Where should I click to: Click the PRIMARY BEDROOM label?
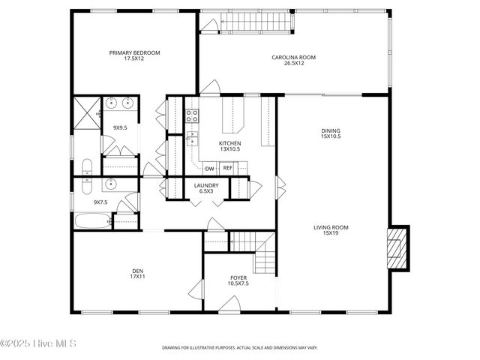pos(135,52)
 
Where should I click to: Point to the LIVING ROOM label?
pos(330,227)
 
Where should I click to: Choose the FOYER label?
pos(238,278)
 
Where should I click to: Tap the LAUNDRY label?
pos(206,185)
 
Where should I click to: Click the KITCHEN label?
pos(229,143)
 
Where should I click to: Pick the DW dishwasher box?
pos(210,168)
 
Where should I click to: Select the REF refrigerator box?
pos(227,168)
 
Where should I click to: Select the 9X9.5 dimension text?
pos(120,128)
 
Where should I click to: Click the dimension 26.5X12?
pos(294,63)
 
